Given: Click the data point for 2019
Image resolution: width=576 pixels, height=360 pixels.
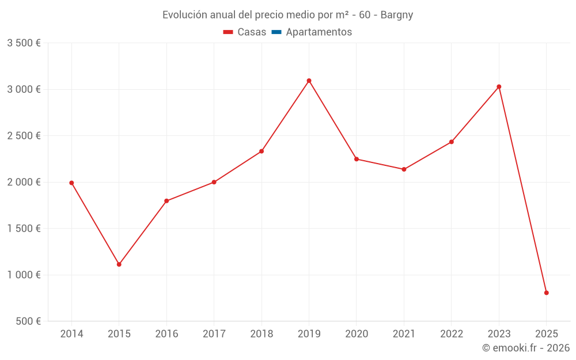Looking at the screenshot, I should pyautogui.click(x=309, y=81).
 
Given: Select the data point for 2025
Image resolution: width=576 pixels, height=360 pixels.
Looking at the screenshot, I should pyautogui.click(x=546, y=293).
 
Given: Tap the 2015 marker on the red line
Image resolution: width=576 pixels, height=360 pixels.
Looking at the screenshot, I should pyautogui.click(x=119, y=264).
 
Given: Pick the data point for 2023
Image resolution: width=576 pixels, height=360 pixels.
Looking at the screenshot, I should pyautogui.click(x=499, y=87).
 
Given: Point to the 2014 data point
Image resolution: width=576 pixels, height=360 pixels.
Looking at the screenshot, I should pyautogui.click(x=71, y=183).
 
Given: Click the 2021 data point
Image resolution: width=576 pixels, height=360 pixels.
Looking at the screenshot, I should pyautogui.click(x=404, y=169).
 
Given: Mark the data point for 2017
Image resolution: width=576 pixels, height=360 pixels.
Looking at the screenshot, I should pyautogui.click(x=214, y=182).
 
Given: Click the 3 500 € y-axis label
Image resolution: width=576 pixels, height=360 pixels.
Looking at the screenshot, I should pyautogui.click(x=24, y=43).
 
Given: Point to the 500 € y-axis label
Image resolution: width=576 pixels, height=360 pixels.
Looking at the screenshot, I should pyautogui.click(x=28, y=321).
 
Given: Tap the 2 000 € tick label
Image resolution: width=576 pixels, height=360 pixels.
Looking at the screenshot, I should pyautogui.click(x=24, y=182).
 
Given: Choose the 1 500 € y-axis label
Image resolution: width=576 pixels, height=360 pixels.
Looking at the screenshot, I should pyautogui.click(x=24, y=229).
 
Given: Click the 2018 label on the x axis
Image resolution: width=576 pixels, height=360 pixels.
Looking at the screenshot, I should pyautogui.click(x=262, y=334).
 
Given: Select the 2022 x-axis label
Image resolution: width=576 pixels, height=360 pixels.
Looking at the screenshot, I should pyautogui.click(x=451, y=334).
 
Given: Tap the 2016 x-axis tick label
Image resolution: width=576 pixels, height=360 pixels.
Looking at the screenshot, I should pyautogui.click(x=166, y=334).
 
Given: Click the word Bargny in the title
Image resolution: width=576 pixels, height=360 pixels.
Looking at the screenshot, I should pyautogui.click(x=397, y=15).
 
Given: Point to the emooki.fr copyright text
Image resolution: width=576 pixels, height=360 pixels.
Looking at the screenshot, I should pyautogui.click(x=525, y=348).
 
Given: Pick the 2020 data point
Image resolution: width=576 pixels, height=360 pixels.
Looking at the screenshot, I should pyautogui.click(x=356, y=159).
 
